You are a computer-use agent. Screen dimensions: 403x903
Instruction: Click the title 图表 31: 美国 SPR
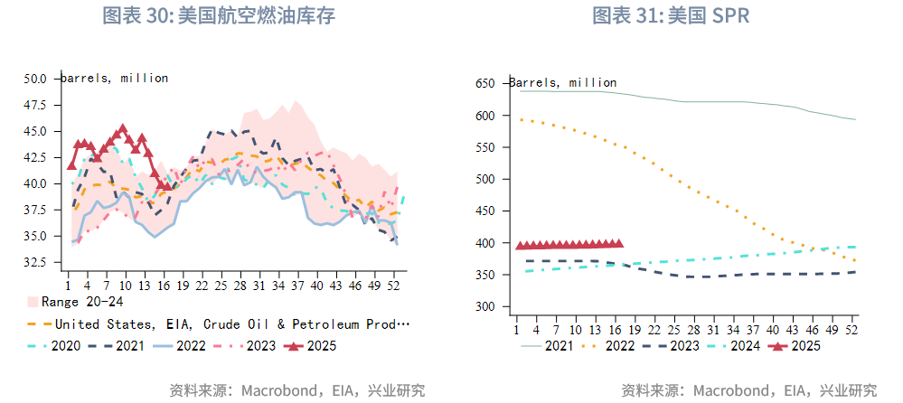pyautogui.click(x=671, y=16)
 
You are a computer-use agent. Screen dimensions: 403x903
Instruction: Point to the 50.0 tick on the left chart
pyautogui.click(x=35, y=79)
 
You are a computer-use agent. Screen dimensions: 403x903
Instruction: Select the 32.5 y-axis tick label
pyautogui.click(x=35, y=262)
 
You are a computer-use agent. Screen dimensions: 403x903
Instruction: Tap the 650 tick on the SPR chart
pyautogui.click(x=485, y=84)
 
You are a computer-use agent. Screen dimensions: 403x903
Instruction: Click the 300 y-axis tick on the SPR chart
pyautogui.click(x=485, y=307)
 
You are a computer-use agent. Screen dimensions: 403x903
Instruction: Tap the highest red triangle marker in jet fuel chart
pyautogui.click(x=123, y=129)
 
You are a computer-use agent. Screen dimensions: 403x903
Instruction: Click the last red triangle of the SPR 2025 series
pyautogui.click(x=619, y=243)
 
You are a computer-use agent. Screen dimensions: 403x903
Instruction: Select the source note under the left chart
pyautogui.click(x=297, y=390)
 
